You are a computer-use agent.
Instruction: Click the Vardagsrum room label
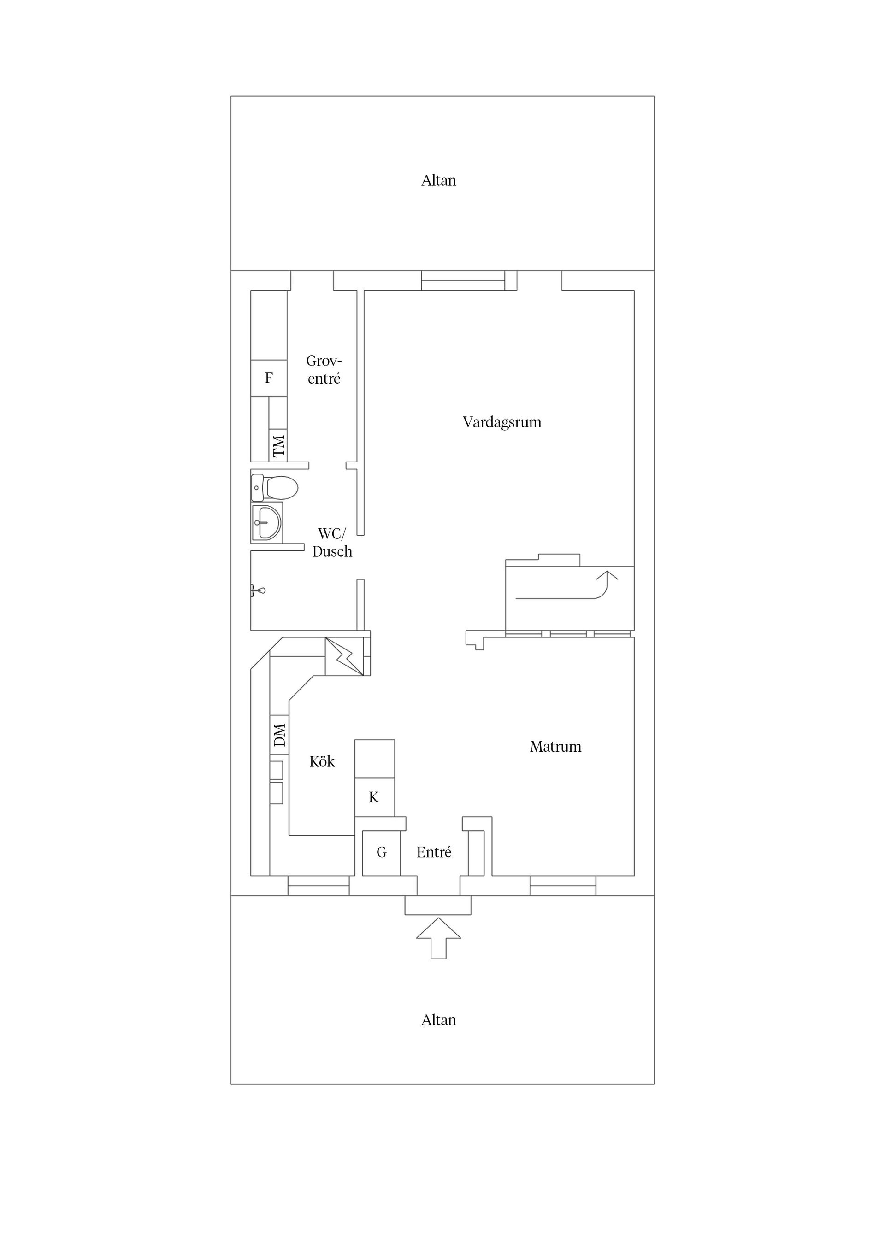[x=501, y=422]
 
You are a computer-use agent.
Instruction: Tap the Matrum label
[x=555, y=747]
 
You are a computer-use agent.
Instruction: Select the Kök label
[x=322, y=762]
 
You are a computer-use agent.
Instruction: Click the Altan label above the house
[x=438, y=181]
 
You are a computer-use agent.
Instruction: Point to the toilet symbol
[x=275, y=487]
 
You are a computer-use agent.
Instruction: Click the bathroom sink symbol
[x=266, y=522]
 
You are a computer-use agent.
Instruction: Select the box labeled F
[x=269, y=378]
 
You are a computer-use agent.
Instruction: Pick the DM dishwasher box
[x=279, y=735]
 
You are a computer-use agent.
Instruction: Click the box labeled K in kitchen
[x=374, y=798]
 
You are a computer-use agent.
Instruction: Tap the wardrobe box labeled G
[x=381, y=852]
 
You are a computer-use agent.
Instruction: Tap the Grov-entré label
[x=324, y=370]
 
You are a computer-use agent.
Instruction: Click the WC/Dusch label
[x=332, y=543]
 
